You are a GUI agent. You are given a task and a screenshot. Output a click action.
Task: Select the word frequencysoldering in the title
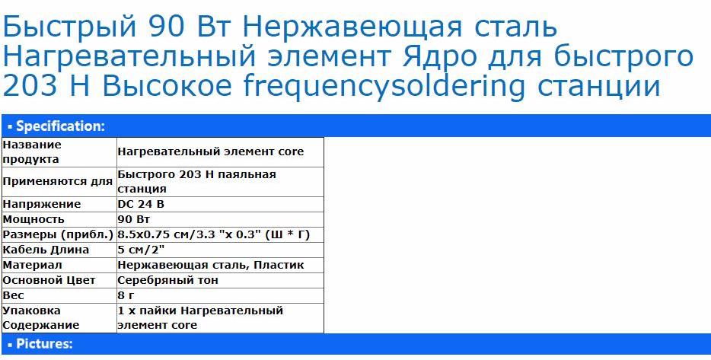coord(384,85)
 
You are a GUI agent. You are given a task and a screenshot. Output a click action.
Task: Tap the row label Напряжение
coord(42,205)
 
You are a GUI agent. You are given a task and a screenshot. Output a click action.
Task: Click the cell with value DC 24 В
coord(141,205)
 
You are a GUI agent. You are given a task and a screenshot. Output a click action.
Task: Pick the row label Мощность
coord(33,219)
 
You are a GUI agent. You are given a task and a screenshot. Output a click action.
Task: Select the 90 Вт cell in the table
coord(133,219)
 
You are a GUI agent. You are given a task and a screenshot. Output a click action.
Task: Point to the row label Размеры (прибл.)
coord(58,235)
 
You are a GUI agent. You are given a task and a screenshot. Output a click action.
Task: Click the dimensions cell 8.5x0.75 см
coord(214,235)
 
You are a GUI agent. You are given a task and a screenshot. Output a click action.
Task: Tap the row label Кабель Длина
coord(46,250)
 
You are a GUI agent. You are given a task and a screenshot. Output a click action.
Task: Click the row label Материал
coord(32,265)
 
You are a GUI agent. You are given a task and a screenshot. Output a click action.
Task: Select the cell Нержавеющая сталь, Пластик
coord(211,265)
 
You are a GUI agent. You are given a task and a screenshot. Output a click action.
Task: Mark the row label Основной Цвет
coord(49,280)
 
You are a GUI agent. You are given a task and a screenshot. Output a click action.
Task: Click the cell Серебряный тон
coord(167,280)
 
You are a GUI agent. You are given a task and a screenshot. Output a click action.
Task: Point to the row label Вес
coord(14,295)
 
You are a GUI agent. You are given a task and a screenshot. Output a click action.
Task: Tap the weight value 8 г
coord(127,295)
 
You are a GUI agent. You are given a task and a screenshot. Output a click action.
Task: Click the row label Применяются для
coord(58,182)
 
